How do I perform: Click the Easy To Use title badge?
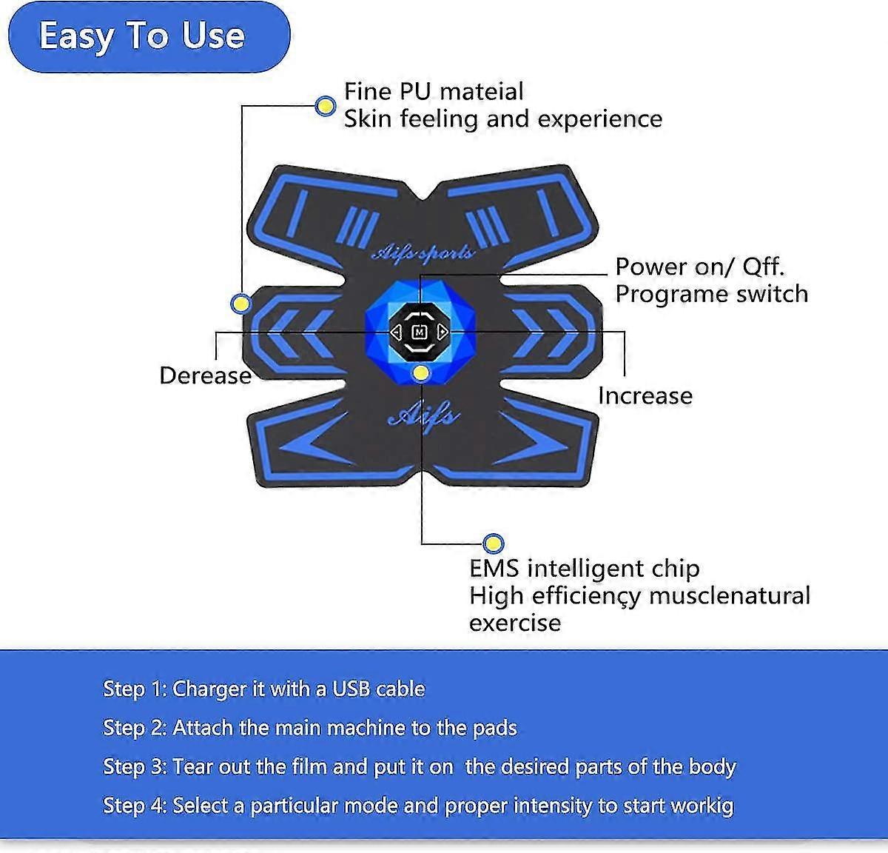pos(148,36)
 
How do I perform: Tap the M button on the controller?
pos(420,332)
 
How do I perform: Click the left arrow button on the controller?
pos(397,332)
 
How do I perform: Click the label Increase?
pos(645,395)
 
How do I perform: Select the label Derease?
pos(205,375)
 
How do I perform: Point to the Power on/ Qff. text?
pos(699,267)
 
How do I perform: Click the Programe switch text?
pos(711,294)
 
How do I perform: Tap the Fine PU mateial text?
pos(434,92)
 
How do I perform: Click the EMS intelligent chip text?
pos(584,569)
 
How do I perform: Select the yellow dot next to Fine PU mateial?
pos(325,106)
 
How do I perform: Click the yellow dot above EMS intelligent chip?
pos(493,544)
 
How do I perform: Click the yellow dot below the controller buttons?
pos(421,372)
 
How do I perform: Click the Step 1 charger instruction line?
pos(264,689)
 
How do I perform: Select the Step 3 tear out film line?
pos(419,767)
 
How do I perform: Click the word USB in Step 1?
pos(350,689)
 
